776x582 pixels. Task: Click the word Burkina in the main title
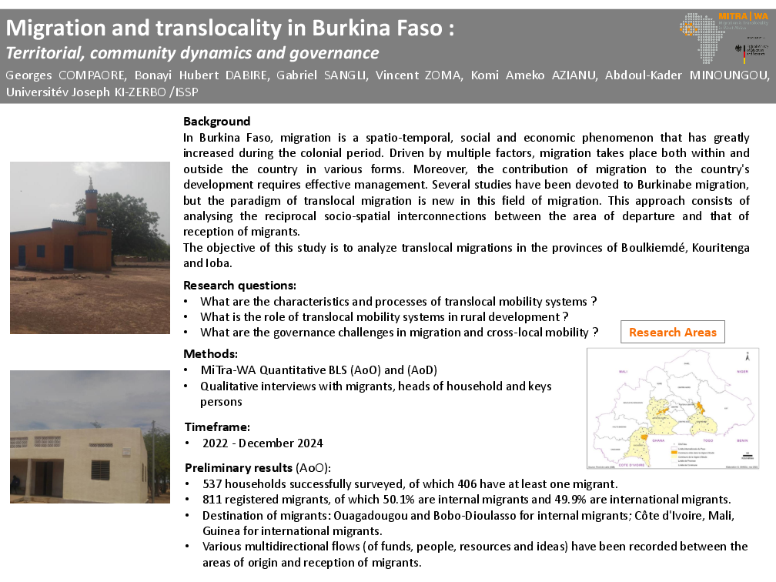[x=347, y=29]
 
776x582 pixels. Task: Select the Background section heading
[x=216, y=122]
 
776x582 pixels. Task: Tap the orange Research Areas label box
[x=672, y=333]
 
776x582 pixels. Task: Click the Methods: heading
[x=210, y=354]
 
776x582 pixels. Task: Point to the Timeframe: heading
[x=217, y=427]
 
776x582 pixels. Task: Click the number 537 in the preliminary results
[x=213, y=484]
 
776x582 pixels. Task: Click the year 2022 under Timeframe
[x=216, y=443]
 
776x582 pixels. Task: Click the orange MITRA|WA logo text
[x=741, y=15]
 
